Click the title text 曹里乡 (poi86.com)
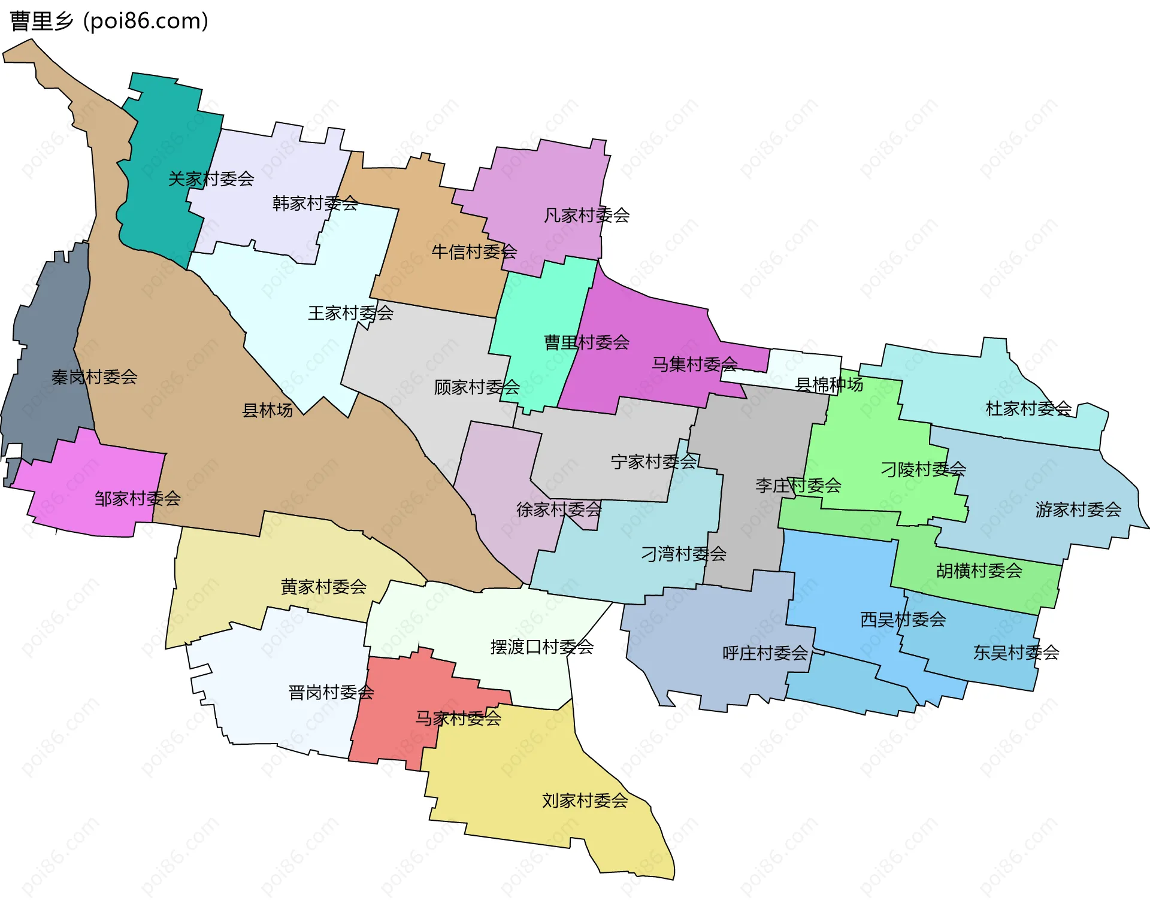pos(109,21)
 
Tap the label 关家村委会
pos(211,178)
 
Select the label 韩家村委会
pos(315,204)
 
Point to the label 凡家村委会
pos(586,215)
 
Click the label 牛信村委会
pos(474,251)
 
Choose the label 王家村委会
pos(350,313)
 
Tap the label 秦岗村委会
pos(94,377)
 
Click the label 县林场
pos(267,410)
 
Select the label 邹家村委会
pos(137,498)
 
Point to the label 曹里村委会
pos(586,342)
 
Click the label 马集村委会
pos(694,363)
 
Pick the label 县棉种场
pos(829,384)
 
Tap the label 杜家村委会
pos(1028,408)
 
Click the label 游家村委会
pos(1078,509)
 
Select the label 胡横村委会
pos(979,571)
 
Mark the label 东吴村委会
pos(1016,652)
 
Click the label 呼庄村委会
pos(765,653)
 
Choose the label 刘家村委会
pos(585,800)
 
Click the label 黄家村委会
pos(323,586)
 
